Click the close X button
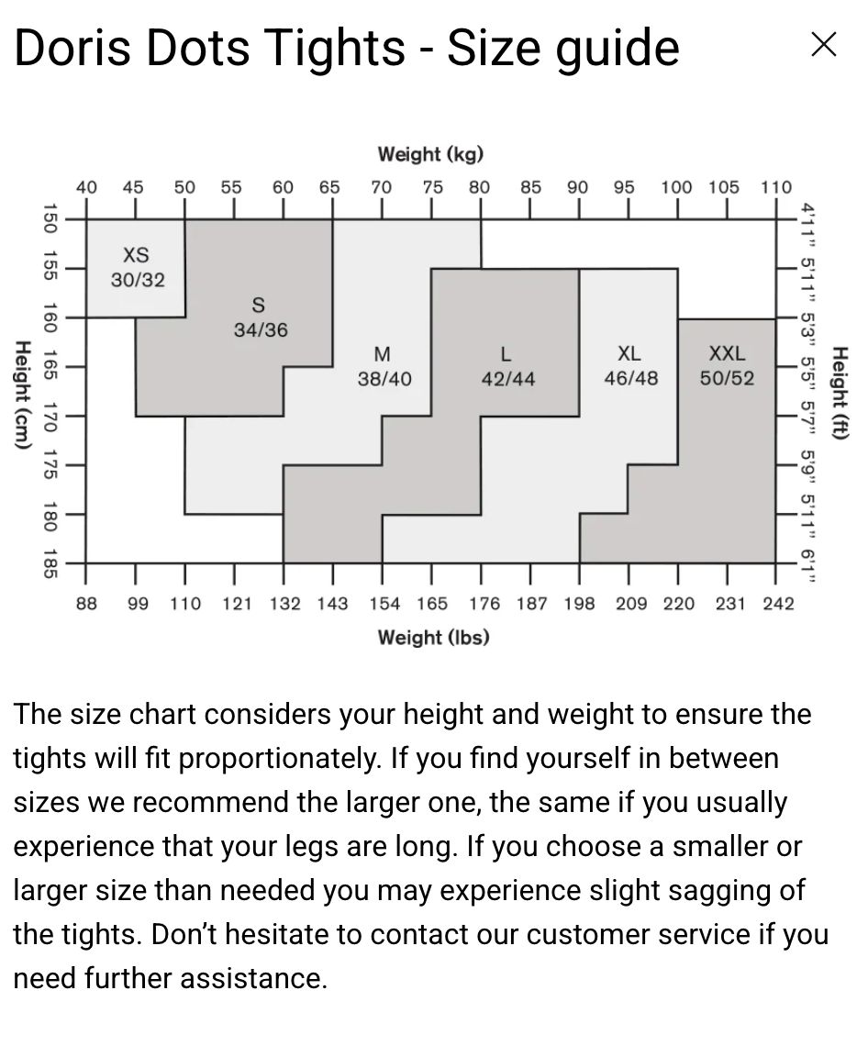(x=823, y=44)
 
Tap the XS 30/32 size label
(x=137, y=267)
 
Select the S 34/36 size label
(x=260, y=317)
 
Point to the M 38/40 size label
(x=384, y=366)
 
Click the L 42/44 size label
(x=507, y=366)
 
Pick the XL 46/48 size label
(x=630, y=365)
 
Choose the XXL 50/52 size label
(x=727, y=365)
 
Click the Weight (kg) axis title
(x=430, y=154)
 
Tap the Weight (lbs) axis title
(x=433, y=637)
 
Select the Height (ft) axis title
(x=838, y=393)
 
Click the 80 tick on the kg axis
(x=479, y=187)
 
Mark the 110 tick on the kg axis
(x=775, y=187)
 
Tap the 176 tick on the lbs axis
(x=484, y=603)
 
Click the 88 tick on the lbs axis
(x=86, y=603)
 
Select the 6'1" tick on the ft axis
(x=807, y=563)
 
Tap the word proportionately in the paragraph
(x=280, y=759)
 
